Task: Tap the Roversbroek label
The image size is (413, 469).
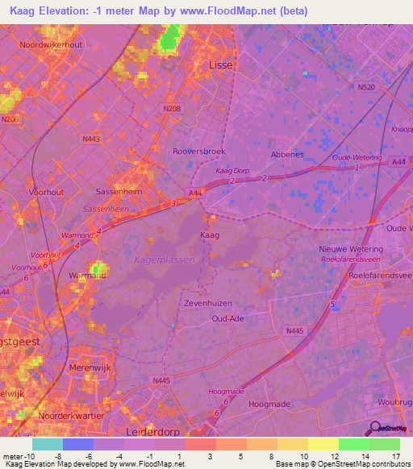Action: click(198, 151)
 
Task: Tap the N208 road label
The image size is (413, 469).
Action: click(171, 107)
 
